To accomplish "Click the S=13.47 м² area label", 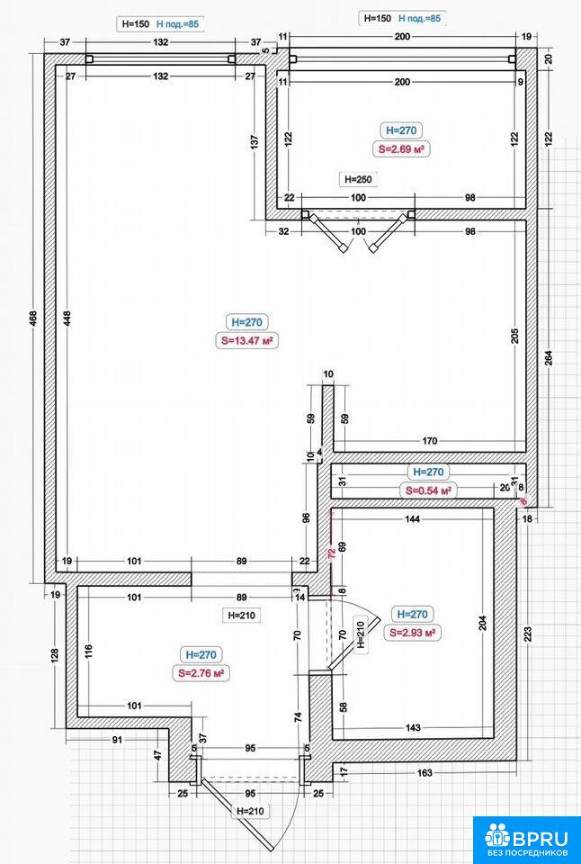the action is coord(246,340).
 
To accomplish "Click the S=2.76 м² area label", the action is coord(201,673).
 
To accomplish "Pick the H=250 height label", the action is coord(358,178).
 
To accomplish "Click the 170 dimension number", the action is coord(430,440).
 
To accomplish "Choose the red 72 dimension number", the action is coord(332,553).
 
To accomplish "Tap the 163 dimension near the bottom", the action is coord(425,772).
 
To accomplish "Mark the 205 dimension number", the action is coord(515,336).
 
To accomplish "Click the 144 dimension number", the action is coord(413,518).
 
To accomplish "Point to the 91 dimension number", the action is coord(117,740).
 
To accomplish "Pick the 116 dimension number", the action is coord(89,652).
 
